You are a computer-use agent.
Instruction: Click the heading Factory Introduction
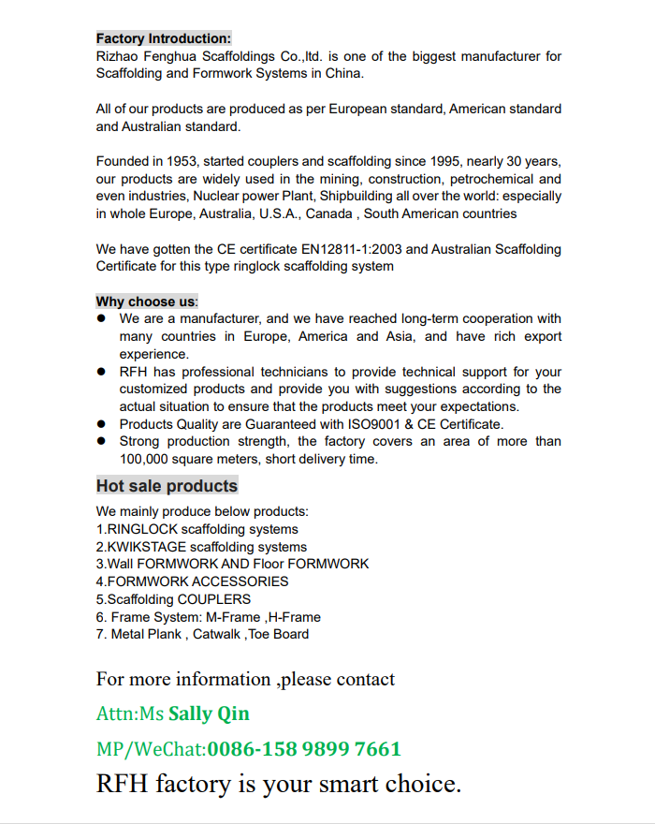click(163, 38)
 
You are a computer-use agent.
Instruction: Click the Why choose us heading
click(147, 302)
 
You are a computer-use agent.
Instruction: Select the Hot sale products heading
click(167, 486)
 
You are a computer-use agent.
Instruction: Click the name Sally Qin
click(209, 714)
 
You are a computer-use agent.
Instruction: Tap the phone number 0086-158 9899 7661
click(304, 749)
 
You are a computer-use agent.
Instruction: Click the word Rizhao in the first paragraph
click(117, 56)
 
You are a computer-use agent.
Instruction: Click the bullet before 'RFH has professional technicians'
click(101, 372)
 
